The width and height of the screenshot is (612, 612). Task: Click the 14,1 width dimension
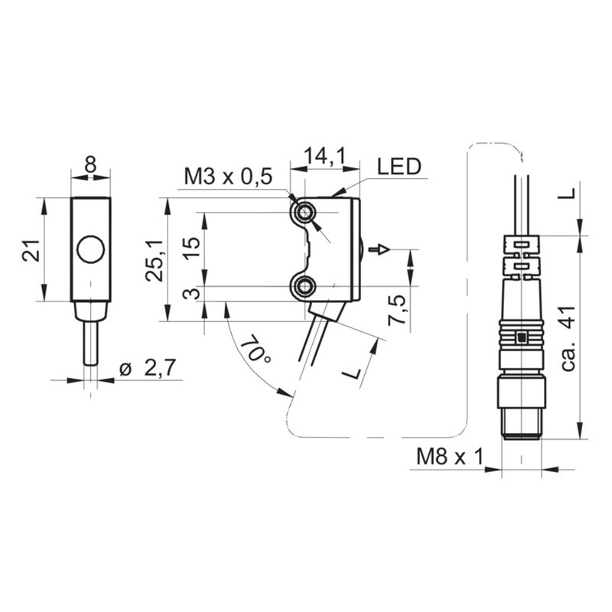pyautogui.click(x=324, y=155)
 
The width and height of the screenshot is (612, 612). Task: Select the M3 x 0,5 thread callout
pyautogui.click(x=228, y=177)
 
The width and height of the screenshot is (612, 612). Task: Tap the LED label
pyautogui.click(x=399, y=167)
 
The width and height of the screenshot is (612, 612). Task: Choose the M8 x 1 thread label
pyautogui.click(x=450, y=456)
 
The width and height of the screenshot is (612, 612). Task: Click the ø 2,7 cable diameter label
pyautogui.click(x=148, y=368)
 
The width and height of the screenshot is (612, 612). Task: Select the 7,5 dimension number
pyautogui.click(x=396, y=311)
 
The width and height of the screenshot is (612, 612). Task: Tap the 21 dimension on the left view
pyautogui.click(x=31, y=250)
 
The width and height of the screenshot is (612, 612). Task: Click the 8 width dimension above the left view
pyautogui.click(x=90, y=164)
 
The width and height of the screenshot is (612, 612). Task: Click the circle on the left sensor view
pyautogui.click(x=91, y=250)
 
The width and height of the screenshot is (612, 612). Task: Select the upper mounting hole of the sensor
pyautogui.click(x=304, y=213)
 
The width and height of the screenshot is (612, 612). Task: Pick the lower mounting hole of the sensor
pyautogui.click(x=303, y=287)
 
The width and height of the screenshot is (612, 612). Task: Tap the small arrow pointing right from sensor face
pyautogui.click(x=379, y=249)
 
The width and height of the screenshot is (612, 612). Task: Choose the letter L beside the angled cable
pyautogui.click(x=352, y=373)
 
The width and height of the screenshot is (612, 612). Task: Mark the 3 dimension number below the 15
pyautogui.click(x=192, y=293)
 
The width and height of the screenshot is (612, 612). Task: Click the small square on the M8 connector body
pyautogui.click(x=521, y=337)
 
